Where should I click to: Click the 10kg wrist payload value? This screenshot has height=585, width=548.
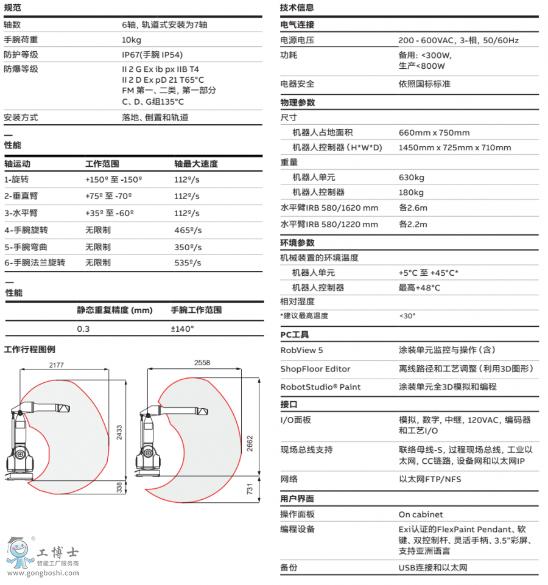(x=132, y=40)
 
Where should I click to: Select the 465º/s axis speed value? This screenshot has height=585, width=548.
(x=188, y=231)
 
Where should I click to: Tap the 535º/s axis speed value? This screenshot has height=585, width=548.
(x=188, y=263)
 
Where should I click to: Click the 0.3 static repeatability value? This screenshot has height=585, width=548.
(x=83, y=329)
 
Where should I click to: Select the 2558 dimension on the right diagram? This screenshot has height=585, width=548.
(x=202, y=363)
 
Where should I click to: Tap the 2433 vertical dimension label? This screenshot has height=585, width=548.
(x=119, y=432)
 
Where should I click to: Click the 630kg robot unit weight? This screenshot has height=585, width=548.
(x=411, y=178)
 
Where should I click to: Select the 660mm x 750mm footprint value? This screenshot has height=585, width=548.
(x=434, y=133)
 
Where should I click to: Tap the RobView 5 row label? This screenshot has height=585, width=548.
(x=301, y=350)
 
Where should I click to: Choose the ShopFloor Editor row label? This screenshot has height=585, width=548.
(x=315, y=369)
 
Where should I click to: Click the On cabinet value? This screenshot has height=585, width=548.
(x=421, y=514)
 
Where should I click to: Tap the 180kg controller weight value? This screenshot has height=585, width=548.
(x=411, y=192)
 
